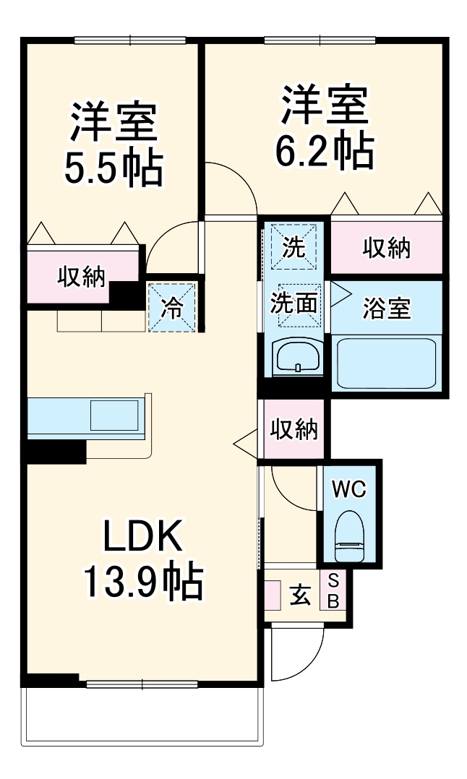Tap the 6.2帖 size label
325,150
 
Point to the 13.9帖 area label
142,583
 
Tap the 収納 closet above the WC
294,429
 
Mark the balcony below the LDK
142,715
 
